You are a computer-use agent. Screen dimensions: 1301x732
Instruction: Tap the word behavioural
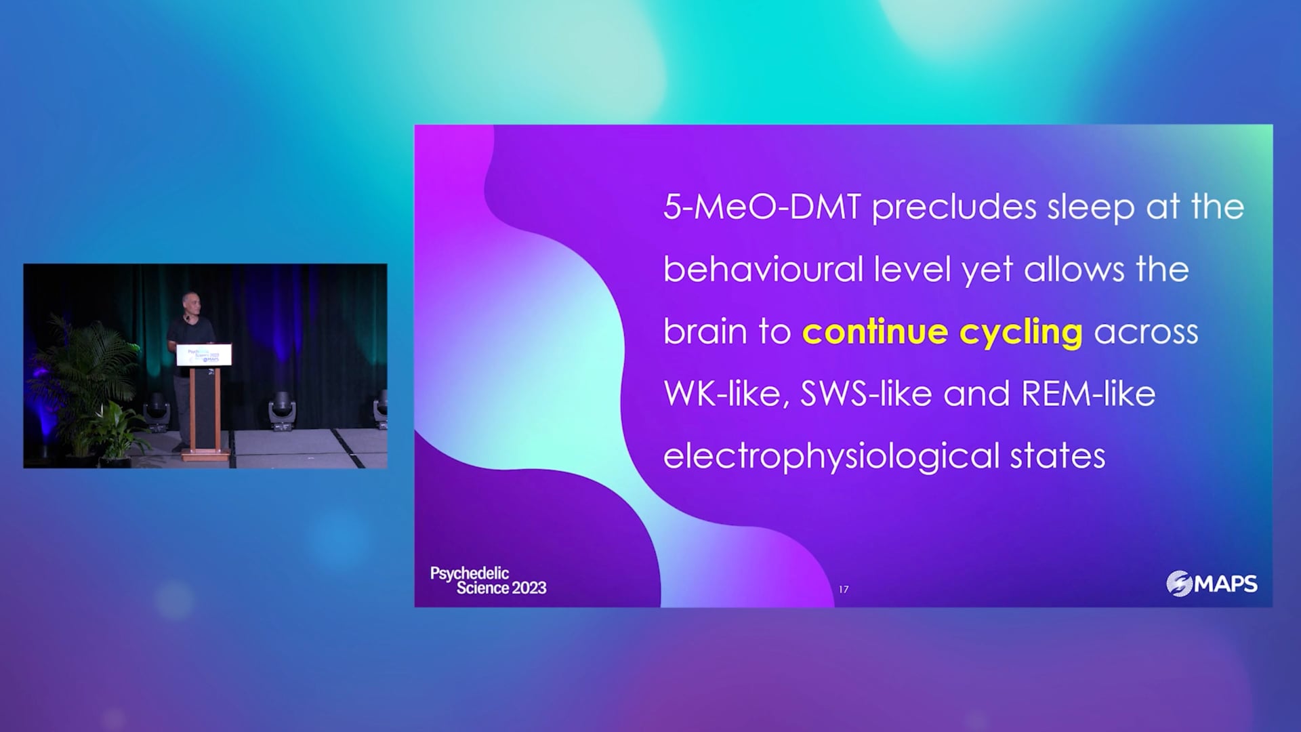763,269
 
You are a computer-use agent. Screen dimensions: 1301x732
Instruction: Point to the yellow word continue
875,332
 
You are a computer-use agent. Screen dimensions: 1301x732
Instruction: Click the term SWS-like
866,394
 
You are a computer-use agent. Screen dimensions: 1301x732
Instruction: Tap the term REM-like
1088,394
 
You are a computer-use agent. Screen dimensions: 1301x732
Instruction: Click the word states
1058,457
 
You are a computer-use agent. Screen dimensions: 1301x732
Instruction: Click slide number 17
844,590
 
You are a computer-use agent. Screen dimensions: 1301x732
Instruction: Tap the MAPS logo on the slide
1212,584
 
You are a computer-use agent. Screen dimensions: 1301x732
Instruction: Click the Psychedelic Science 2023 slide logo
489,581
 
